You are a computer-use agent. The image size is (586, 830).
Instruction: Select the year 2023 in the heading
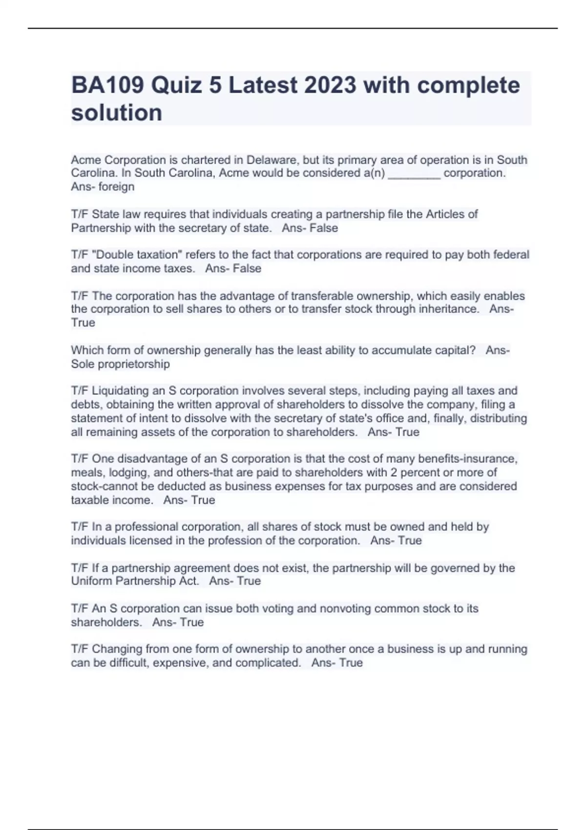[x=330, y=85]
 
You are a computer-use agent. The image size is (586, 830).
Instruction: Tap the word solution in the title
[x=117, y=113]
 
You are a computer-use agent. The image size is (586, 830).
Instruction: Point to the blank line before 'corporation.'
[x=414, y=174]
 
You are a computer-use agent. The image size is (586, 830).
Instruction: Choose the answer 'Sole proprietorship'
[x=121, y=364]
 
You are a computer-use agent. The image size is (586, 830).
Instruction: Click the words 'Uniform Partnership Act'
[x=135, y=581]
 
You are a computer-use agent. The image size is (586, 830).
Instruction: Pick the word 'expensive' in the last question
[x=180, y=663]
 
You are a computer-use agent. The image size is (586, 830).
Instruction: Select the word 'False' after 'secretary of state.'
[x=324, y=228]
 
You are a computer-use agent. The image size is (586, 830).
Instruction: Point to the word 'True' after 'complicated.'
[x=351, y=663]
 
